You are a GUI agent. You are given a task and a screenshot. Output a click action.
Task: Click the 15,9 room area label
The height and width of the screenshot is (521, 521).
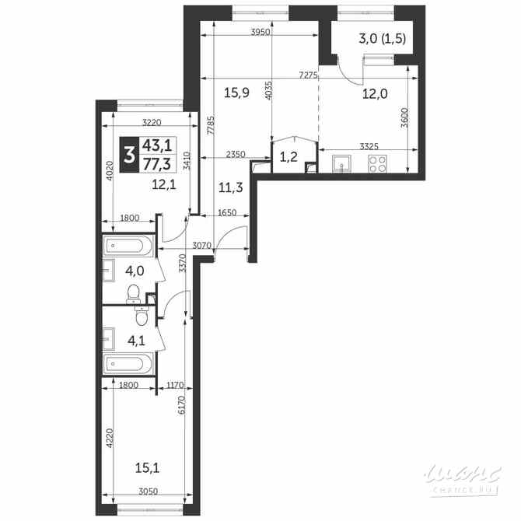pos(236,93)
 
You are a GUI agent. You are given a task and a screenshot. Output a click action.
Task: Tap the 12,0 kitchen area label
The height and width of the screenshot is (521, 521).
pos(375,93)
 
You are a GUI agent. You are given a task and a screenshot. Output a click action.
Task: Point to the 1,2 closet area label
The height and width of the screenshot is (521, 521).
pos(288,157)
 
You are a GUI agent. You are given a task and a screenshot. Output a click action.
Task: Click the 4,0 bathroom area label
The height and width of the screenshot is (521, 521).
pos(135,271)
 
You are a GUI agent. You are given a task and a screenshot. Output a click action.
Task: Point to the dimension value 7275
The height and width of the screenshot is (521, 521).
pos(306,75)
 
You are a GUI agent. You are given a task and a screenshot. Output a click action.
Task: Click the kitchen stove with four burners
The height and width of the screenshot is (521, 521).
pos(377,164)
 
